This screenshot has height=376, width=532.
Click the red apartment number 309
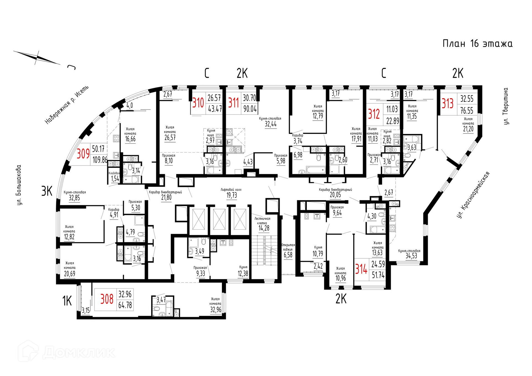pyautogui.click(x=83, y=154)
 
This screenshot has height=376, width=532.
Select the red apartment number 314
pyautogui.click(x=361, y=269)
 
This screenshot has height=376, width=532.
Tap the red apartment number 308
pyautogui.click(x=107, y=299)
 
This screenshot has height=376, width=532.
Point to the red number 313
pyautogui.click(x=447, y=104)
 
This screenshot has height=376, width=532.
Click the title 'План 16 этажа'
pyautogui.click(x=477, y=44)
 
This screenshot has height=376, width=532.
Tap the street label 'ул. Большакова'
pyautogui.click(x=19, y=185)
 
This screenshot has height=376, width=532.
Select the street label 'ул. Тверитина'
pyautogui.click(x=506, y=106)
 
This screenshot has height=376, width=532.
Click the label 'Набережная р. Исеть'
pyautogui.click(x=67, y=105)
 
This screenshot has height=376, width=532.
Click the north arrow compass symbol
pyautogui.click(x=37, y=58)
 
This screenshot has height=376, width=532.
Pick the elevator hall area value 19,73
pyautogui.click(x=232, y=195)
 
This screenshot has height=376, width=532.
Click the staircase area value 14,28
pyautogui.click(x=264, y=228)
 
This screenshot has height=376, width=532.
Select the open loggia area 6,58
pyautogui.click(x=288, y=255)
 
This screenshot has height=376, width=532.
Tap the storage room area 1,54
pyautogui.click(x=115, y=179)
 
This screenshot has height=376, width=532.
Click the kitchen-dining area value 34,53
pyautogui.click(x=411, y=256)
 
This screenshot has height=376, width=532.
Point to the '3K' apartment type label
pyautogui.click(x=47, y=191)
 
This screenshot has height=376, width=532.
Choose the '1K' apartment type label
pyautogui.click(x=67, y=301)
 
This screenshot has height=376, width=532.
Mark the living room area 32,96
pyautogui.click(x=216, y=309)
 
